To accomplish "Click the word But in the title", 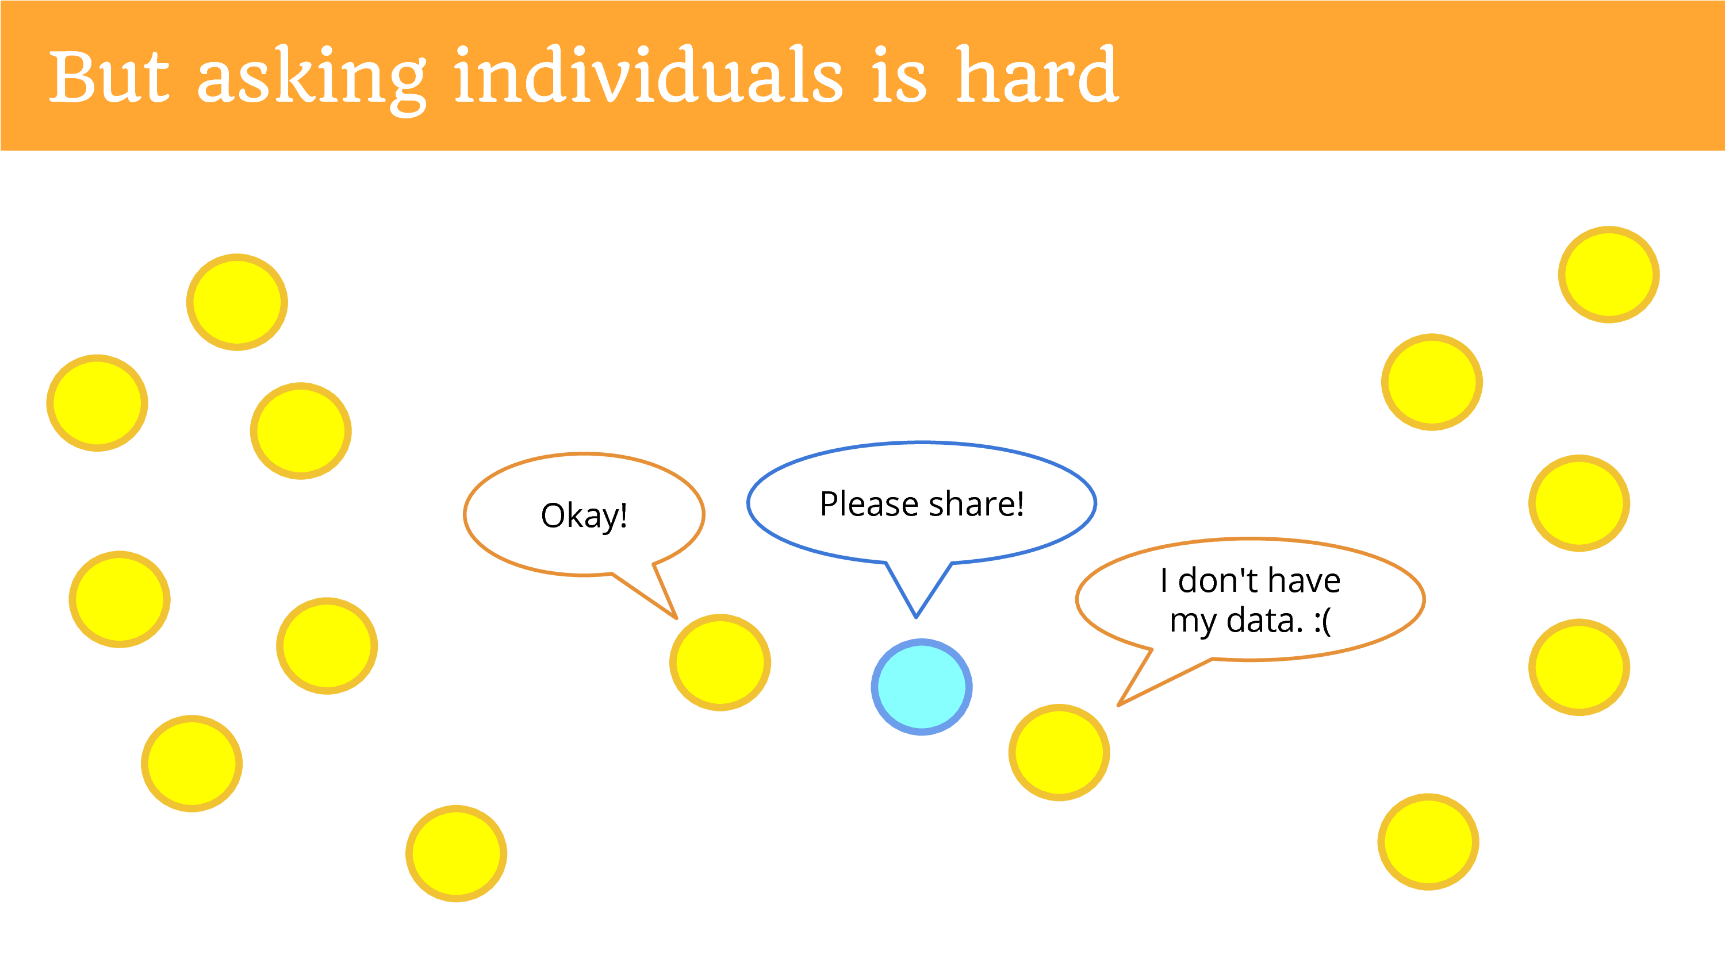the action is pyautogui.click(x=109, y=76).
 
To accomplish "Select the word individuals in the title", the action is pyautogui.click(x=648, y=74).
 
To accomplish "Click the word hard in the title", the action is pyautogui.click(x=1037, y=74).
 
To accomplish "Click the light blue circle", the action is pyautogui.click(x=921, y=687).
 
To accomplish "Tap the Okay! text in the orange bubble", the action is pyautogui.click(x=584, y=516).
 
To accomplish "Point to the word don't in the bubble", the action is pyautogui.click(x=1217, y=580).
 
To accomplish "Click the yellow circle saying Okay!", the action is pyautogui.click(x=720, y=662).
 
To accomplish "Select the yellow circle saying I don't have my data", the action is pyautogui.click(x=1059, y=752).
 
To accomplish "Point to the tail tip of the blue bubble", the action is pyautogui.click(x=916, y=617).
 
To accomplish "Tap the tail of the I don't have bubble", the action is pyautogui.click(x=1119, y=705).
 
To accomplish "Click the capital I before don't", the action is pyautogui.click(x=1164, y=580).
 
